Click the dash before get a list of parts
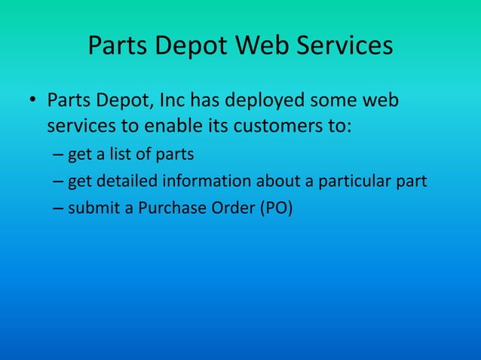tap(59, 155)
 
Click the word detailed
tap(124, 182)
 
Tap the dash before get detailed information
tap(59, 182)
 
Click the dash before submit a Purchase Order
tap(59, 208)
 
